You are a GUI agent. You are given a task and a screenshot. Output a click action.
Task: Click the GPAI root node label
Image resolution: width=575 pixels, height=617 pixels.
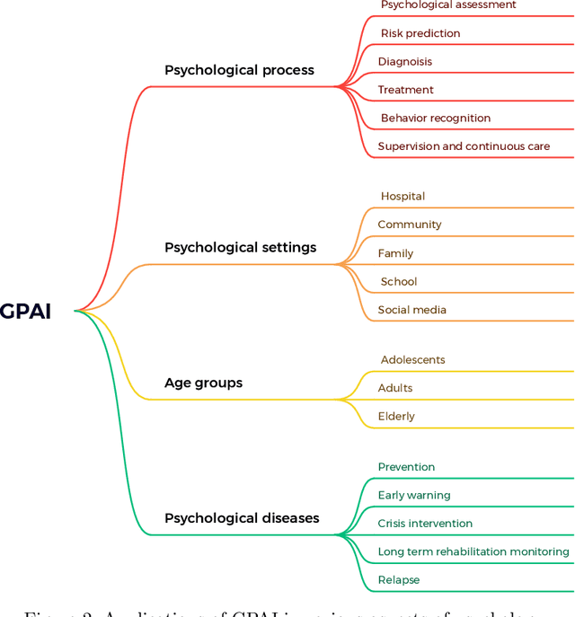[x=25, y=312]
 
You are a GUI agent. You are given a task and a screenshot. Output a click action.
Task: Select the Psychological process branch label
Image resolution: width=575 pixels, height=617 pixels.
[x=239, y=70]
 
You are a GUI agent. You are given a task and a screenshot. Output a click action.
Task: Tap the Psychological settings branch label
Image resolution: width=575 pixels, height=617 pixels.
[x=240, y=247]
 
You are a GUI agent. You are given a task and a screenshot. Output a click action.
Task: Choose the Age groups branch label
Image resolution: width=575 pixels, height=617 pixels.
[x=203, y=383]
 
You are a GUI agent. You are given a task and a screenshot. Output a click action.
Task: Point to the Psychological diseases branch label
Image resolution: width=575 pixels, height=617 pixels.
[x=241, y=518]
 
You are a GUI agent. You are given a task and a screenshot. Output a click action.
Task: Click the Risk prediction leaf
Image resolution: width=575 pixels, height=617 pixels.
[x=420, y=33]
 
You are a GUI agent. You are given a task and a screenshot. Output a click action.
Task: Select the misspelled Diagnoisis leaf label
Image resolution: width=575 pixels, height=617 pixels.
[x=404, y=62]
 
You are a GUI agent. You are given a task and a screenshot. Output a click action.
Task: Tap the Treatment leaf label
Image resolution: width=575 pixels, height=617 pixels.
[x=405, y=90]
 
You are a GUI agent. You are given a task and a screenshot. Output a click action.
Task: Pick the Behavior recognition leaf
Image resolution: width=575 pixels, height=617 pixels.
[x=435, y=118]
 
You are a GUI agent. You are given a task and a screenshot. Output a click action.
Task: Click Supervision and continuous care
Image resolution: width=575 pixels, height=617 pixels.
[x=464, y=146]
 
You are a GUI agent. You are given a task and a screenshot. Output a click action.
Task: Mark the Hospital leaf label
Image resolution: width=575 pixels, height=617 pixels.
[x=402, y=197]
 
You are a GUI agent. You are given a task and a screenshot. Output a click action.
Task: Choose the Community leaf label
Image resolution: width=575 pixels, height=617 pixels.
[x=409, y=225]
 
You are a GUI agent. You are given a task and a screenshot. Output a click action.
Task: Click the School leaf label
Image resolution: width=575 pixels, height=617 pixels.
[x=398, y=281]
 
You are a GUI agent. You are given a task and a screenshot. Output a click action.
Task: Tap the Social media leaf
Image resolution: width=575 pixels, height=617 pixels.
[x=411, y=310]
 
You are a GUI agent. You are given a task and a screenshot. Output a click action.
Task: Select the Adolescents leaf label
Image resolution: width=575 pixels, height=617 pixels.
[x=412, y=360]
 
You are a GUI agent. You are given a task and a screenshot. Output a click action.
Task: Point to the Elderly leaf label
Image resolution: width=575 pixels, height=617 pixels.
[x=396, y=417]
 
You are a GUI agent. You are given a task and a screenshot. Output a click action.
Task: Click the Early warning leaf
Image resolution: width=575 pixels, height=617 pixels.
[x=413, y=495]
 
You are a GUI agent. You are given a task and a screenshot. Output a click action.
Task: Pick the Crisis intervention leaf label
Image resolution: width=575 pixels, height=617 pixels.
[x=425, y=524]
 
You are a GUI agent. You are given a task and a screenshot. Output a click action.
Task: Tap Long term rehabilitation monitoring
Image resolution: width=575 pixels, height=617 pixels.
[x=473, y=551]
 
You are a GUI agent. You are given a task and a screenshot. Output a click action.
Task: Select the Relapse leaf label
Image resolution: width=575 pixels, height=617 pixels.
[x=398, y=580]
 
